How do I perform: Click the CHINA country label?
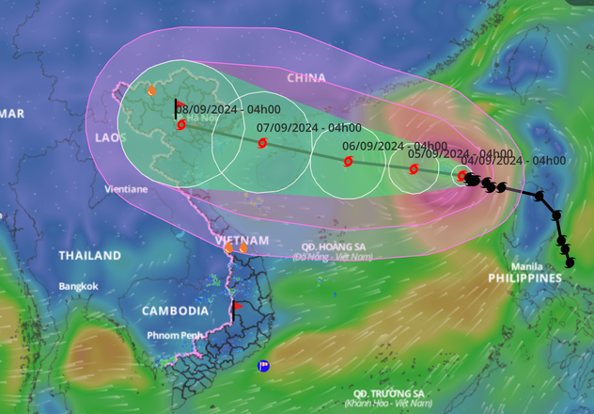point(306,78)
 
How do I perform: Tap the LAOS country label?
point(110,137)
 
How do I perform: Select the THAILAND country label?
point(89,256)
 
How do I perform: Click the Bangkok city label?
point(78,286)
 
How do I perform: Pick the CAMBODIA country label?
point(176,310)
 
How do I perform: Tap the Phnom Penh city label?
point(174,335)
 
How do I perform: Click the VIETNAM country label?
point(242,241)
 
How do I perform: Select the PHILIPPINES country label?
point(524,279)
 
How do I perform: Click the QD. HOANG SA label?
point(328,247)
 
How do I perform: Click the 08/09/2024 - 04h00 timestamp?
point(224,109)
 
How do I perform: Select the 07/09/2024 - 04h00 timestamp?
point(308,127)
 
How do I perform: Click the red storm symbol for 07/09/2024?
point(262,143)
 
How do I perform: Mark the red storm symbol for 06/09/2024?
point(348,161)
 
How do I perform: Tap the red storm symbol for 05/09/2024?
point(414,169)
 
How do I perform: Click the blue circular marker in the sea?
point(263,366)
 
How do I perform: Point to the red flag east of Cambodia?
point(237,306)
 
